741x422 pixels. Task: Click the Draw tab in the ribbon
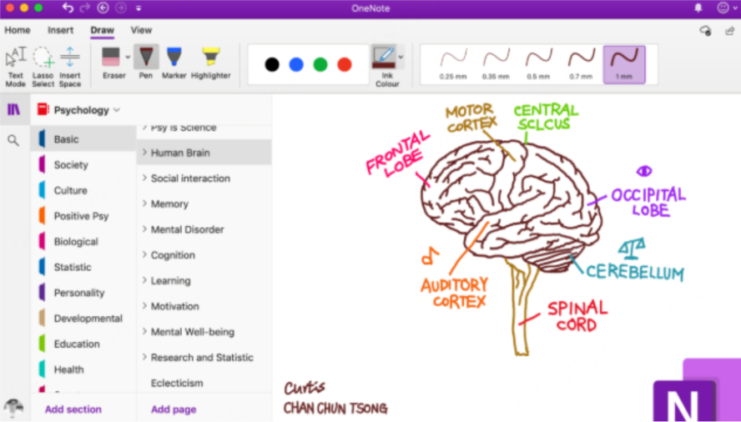coord(102,30)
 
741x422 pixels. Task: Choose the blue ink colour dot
coord(296,64)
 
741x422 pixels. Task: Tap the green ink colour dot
coord(320,64)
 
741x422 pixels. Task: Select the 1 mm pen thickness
coord(624,63)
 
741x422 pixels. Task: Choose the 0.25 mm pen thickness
coord(453,63)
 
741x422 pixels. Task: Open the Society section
coord(71,165)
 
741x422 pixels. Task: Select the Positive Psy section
coord(81,216)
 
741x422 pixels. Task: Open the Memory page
coord(169,203)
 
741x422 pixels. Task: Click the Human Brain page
coord(180,153)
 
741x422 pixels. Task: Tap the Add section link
coord(73,409)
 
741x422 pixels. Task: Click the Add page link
coord(174,409)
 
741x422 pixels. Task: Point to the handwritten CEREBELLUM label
coord(634,272)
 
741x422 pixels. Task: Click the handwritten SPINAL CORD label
coord(577,317)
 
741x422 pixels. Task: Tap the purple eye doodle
coord(643,171)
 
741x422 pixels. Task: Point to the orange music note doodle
coord(429,254)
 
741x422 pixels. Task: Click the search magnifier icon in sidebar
coord(13,140)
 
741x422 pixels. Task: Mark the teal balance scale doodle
coord(632,248)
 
